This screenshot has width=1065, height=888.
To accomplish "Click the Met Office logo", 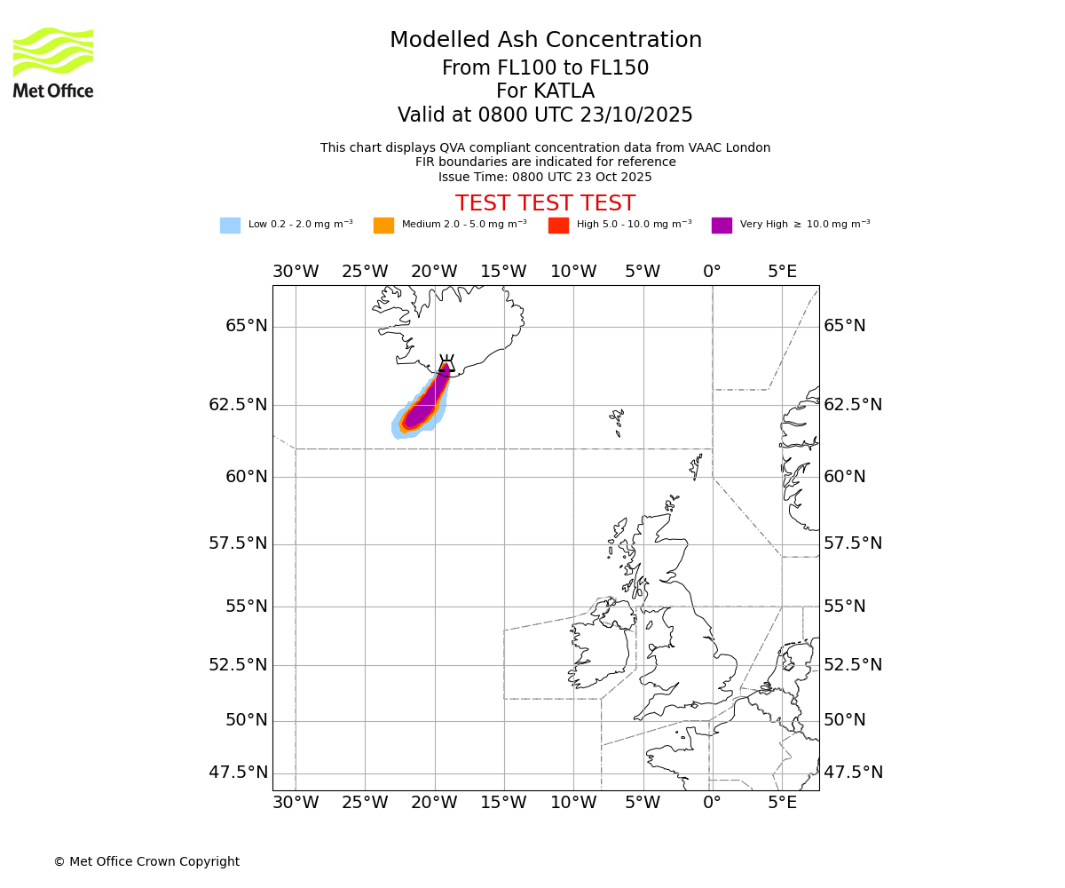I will (53, 62).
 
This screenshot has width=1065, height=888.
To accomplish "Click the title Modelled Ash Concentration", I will (545, 41).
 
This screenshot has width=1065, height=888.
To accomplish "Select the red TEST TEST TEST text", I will (545, 203).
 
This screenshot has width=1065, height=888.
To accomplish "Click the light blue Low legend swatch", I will (230, 226).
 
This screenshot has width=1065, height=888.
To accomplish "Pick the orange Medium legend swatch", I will (383, 226).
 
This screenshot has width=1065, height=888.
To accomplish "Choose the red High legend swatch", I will (558, 226).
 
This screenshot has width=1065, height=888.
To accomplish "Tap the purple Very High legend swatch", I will (722, 226).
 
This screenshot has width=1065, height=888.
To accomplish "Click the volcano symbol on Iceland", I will (446, 363).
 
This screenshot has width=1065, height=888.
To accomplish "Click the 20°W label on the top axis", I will (434, 272).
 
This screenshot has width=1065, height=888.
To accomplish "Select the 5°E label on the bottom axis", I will (782, 803).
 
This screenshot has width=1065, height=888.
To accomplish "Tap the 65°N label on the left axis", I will (246, 326).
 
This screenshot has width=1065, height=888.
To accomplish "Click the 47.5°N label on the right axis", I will (853, 773).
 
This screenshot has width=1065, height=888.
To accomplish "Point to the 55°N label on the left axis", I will (246, 607).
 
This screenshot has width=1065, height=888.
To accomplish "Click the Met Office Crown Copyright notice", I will (146, 861).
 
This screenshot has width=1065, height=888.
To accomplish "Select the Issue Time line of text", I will (545, 177).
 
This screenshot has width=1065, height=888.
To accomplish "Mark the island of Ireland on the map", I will (600, 648).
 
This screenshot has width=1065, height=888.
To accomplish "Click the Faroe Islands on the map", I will (617, 420).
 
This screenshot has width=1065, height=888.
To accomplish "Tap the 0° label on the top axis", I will (712, 272).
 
